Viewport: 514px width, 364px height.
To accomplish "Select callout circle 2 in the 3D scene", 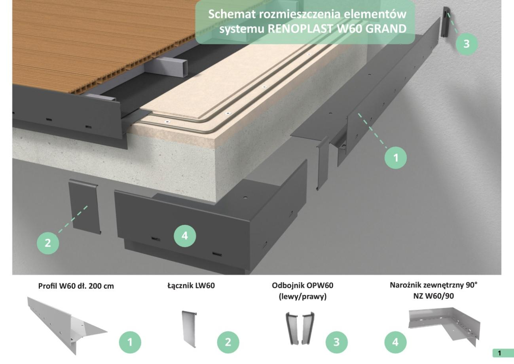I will (48, 242).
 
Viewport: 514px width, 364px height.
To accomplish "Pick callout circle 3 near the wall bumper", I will (467, 44).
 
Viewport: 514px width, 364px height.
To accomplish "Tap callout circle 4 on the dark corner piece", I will (185, 236).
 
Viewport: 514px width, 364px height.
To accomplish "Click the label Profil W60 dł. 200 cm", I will (76, 286).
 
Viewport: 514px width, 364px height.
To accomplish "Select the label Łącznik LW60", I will (191, 286).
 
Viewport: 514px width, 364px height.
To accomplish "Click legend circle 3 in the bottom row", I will (336, 342).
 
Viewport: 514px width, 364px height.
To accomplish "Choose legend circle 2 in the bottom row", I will (228, 342).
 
